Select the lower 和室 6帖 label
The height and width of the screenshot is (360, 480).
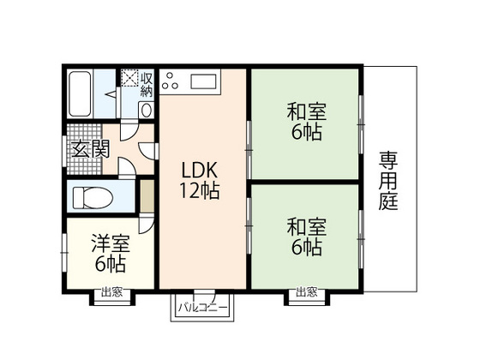click(x=304, y=237)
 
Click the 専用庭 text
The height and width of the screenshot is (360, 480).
click(x=390, y=182)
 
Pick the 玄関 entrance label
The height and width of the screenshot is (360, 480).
click(x=90, y=148)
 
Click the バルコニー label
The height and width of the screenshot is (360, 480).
click(x=202, y=307)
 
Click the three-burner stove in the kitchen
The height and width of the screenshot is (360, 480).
click(x=171, y=82)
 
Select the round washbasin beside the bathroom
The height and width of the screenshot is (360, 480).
click(x=145, y=110)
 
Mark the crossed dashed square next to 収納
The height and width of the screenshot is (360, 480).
click(x=129, y=79)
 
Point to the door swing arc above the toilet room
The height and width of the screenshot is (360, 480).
click(x=126, y=167)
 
